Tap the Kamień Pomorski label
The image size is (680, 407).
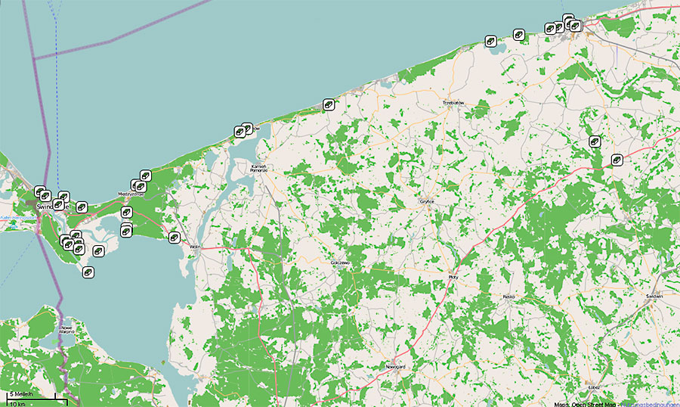(260, 167)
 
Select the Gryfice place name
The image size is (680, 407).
(428, 202)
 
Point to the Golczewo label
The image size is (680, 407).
(340, 263)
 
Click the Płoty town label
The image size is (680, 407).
(453, 277)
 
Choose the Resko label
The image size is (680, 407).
(508, 297)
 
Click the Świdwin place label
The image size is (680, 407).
(654, 296)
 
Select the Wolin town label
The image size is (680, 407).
(194, 247)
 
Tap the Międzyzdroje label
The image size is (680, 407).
(131, 194)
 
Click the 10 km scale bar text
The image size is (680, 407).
(17, 402)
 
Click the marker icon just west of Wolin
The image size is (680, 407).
(175, 237)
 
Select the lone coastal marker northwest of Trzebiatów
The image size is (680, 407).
(329, 104)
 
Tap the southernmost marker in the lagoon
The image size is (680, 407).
(88, 272)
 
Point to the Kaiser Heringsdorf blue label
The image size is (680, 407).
(15, 217)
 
